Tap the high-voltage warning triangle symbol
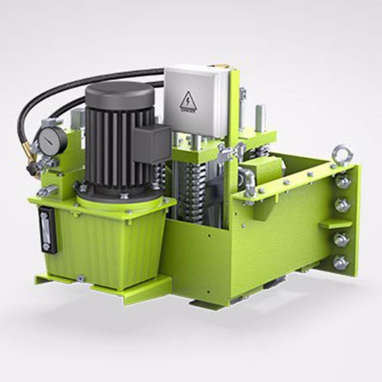coord(187,101)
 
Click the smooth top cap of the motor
coord(119,93)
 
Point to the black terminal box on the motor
coord(152,143)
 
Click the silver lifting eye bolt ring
coord(342,154)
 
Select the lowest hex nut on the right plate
coord(340,263)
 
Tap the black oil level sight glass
coord(47,229)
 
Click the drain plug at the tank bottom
coord(81,277)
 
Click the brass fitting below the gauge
coord(33,155)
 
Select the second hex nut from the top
coord(342,205)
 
